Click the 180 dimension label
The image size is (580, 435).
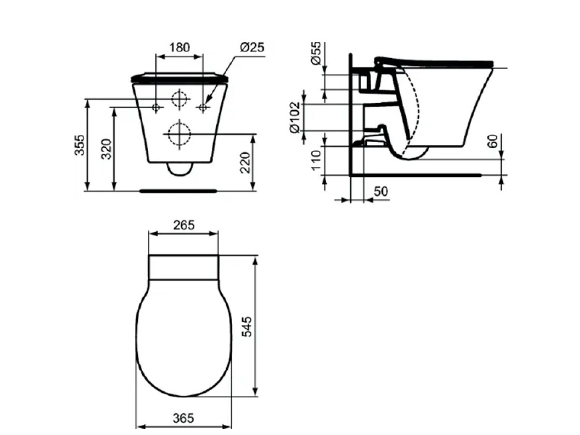[179, 47]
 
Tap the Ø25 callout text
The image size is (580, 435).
[252, 47]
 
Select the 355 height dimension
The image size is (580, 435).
[80, 145]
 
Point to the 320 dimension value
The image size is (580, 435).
[106, 149]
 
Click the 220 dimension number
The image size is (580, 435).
[245, 162]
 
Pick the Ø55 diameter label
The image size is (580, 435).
[316, 53]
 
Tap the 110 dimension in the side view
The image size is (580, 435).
[316, 160]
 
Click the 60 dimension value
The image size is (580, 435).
[493, 141]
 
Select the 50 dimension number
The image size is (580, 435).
[381, 191]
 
